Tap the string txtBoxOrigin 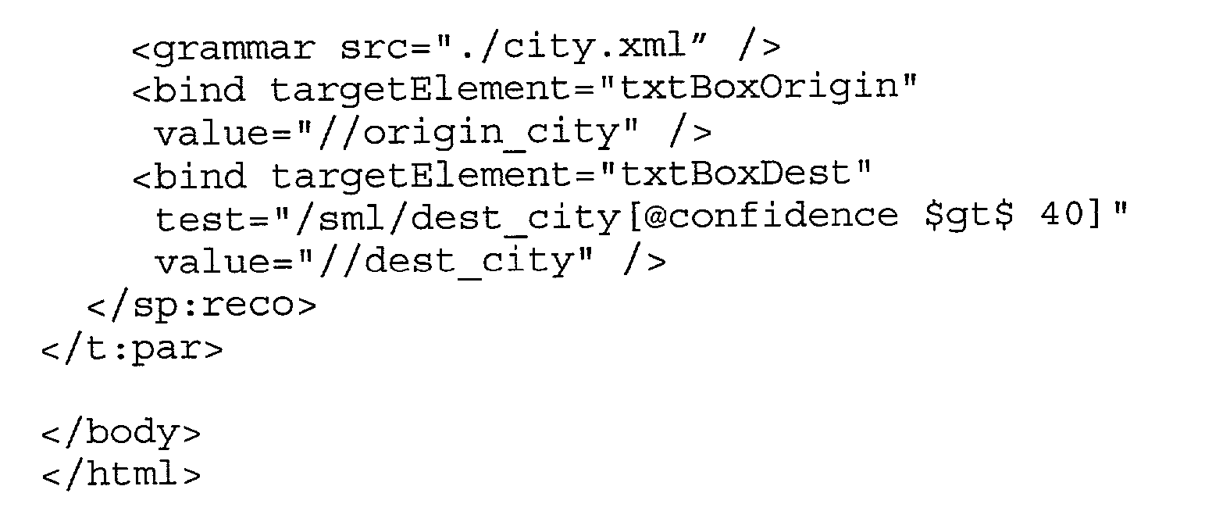758,88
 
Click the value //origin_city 478,132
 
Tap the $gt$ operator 968,216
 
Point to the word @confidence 770,216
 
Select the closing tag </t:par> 132,349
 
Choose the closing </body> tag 121,433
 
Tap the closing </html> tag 121,474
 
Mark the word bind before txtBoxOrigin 200,89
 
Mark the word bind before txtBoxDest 200,176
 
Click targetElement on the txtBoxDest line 420,177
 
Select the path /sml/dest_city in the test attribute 458,218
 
